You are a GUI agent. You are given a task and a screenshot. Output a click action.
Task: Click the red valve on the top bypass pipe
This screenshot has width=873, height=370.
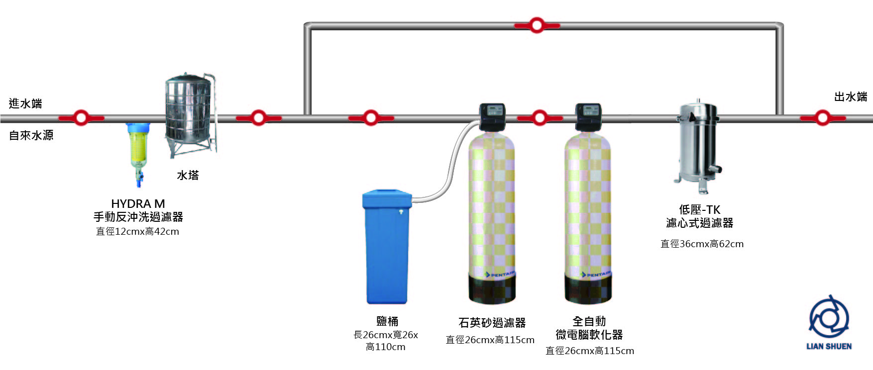pyautogui.click(x=537, y=25)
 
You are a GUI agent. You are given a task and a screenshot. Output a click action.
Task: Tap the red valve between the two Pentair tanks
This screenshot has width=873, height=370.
pyautogui.click(x=540, y=118)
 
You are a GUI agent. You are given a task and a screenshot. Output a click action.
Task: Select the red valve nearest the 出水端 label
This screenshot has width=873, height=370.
pyautogui.click(x=822, y=118)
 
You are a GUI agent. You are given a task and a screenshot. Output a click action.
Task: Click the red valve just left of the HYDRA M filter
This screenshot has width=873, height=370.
pyautogui.click(x=81, y=118)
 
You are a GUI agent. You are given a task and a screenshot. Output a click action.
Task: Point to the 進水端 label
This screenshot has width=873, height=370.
pyautogui.click(x=25, y=103)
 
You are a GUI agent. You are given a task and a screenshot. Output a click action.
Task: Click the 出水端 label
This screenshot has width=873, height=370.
pyautogui.click(x=851, y=97)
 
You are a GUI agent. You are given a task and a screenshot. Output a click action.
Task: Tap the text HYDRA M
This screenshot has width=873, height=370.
pyautogui.click(x=138, y=204)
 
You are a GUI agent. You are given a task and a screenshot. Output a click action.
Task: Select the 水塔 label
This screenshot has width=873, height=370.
pyautogui.click(x=188, y=175)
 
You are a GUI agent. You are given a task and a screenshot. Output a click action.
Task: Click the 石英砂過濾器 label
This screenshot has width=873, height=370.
pyautogui.click(x=492, y=323)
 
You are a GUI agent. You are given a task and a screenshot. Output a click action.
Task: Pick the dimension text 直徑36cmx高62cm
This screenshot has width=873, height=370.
pyautogui.click(x=702, y=244)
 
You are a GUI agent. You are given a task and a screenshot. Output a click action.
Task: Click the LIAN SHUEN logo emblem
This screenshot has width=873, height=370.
pyautogui.click(x=829, y=317)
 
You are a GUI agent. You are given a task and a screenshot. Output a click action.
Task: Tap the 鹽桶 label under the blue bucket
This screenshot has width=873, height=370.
pyautogui.click(x=387, y=321)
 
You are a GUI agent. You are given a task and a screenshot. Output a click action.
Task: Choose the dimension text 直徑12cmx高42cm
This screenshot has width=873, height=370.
pyautogui.click(x=137, y=231)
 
